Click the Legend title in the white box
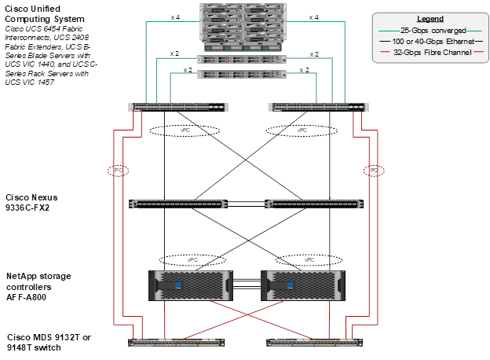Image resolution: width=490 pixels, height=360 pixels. pyautogui.click(x=430, y=18)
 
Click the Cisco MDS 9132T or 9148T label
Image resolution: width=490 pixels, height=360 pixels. pyautogui.click(x=48, y=342)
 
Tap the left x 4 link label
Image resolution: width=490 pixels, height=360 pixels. pyautogui.click(x=174, y=17)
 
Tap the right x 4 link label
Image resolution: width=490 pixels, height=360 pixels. pyautogui.click(x=313, y=17)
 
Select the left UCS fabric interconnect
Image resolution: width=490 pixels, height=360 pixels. pyautogui.click(x=180, y=107)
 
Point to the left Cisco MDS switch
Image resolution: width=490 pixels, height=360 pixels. pyautogui.click(x=178, y=341)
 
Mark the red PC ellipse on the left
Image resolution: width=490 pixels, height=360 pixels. pyautogui.click(x=119, y=170)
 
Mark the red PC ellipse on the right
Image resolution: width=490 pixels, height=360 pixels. pyautogui.click(x=375, y=170)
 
